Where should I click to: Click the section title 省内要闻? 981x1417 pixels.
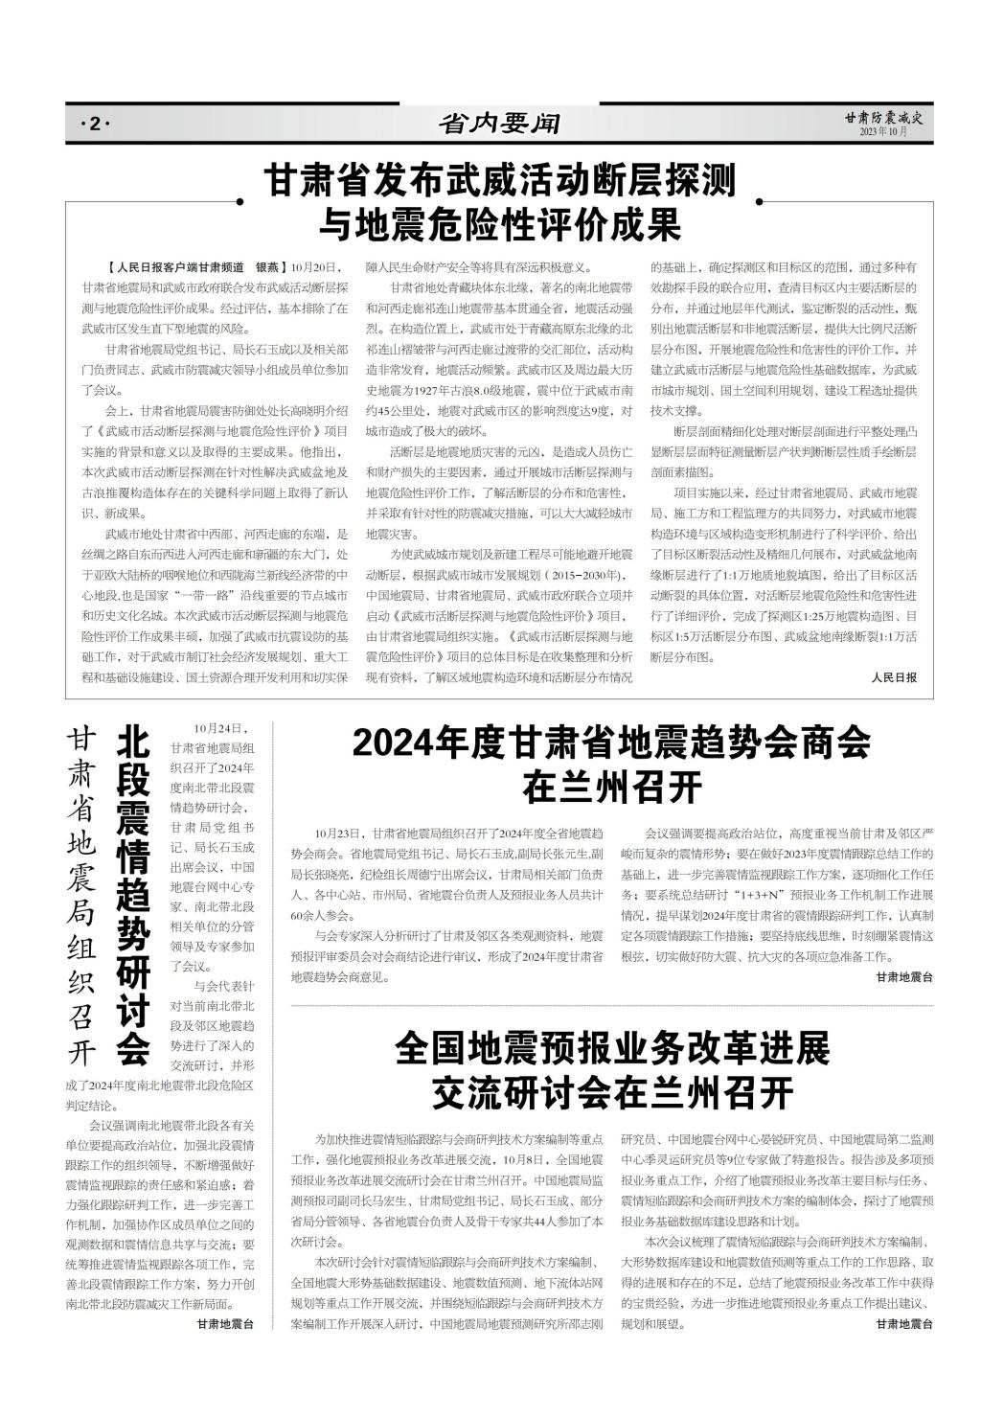498,124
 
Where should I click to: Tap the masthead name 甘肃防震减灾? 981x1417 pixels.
881,118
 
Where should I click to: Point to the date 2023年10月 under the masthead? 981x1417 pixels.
882,132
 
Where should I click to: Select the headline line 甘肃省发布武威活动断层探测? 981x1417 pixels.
499,180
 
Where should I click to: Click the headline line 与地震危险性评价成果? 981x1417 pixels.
499,225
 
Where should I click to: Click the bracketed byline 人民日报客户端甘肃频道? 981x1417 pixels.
178,266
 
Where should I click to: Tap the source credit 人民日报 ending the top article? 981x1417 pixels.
895,677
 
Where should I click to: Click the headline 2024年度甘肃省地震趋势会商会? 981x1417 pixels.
611,743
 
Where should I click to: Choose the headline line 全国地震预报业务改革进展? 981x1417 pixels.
612,1050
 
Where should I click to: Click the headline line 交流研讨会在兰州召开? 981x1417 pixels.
612,1092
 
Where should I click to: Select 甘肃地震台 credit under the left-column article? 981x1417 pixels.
226,1324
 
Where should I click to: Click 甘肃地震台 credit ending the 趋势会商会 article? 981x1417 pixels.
904,977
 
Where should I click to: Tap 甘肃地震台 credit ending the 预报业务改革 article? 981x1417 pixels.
904,1324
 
